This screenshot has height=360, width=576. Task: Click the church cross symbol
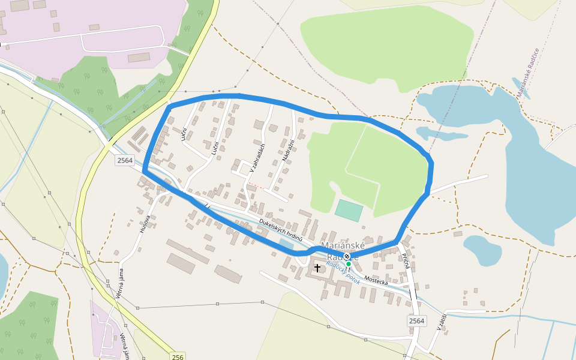coord(317,268)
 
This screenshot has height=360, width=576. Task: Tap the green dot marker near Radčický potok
coord(348,263)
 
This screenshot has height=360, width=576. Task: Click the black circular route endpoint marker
coord(346,256)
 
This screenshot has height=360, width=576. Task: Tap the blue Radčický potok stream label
coord(343,273)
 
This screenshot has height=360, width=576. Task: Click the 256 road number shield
coord(177,356)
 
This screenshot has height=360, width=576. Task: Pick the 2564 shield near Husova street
coord(125,160)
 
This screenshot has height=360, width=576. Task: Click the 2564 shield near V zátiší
coord(416,321)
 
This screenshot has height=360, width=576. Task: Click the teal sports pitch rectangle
coord(349,211)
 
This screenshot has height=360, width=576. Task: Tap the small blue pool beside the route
coord(286,244)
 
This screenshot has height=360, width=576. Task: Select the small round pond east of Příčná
coord(482,249)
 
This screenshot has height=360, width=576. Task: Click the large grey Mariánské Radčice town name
coord(340,251)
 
